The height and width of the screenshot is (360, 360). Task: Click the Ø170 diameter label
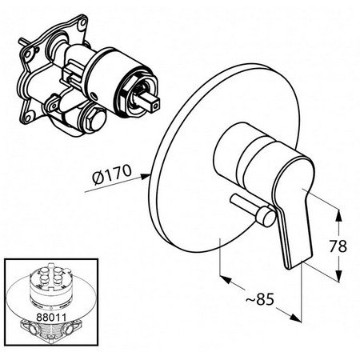point(112,174)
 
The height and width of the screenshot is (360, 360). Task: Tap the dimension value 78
point(338,246)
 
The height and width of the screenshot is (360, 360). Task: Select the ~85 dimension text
point(260,299)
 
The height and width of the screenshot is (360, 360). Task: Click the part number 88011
point(51,317)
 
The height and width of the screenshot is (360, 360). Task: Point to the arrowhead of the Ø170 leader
point(146,176)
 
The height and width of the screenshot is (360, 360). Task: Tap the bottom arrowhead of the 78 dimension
point(338,276)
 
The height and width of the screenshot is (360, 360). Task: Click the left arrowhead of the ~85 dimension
point(226,279)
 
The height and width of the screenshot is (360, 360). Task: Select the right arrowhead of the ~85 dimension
point(295,317)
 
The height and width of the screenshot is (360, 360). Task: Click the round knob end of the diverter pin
point(265,216)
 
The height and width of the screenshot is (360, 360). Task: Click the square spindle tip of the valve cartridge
point(154,105)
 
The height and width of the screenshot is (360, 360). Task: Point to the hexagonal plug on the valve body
point(96,120)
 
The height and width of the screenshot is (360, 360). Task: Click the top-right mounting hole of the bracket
point(83,22)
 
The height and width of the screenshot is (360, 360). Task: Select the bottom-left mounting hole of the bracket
point(28,117)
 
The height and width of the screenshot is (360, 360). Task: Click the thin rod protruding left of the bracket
point(24,43)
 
